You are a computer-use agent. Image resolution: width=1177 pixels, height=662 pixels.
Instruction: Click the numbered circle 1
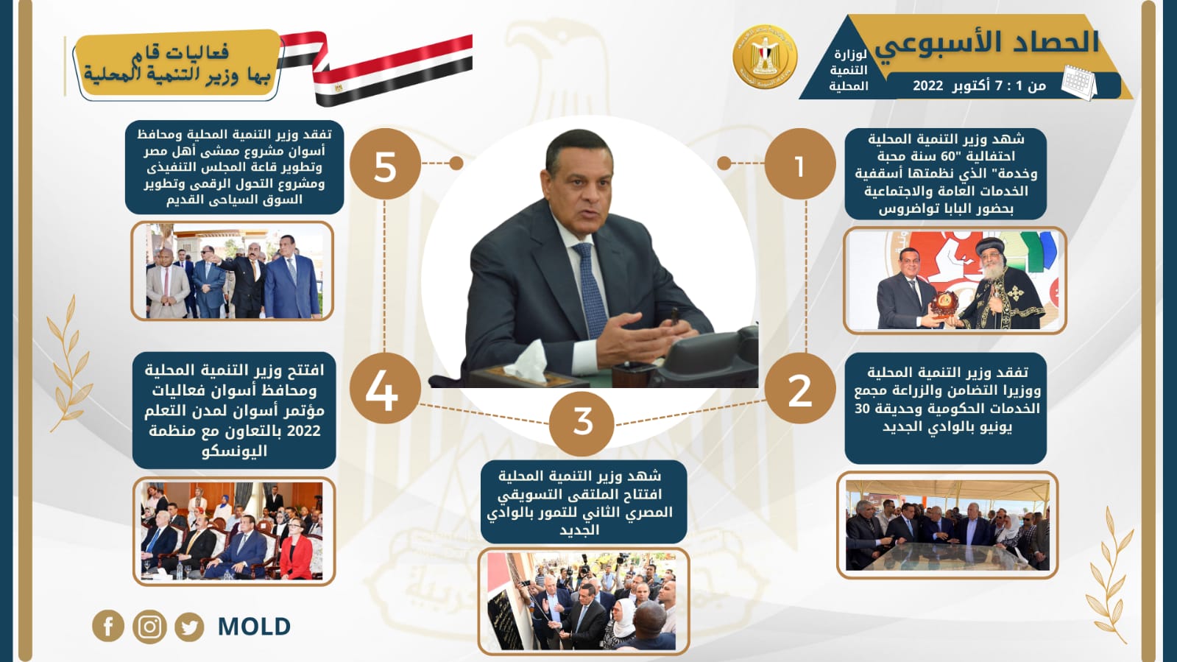799,164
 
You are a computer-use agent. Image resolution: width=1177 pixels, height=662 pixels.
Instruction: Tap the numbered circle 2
799,389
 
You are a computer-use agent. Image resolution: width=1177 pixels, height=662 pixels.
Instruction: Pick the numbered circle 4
385,389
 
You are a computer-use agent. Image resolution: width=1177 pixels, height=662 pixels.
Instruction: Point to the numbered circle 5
385,164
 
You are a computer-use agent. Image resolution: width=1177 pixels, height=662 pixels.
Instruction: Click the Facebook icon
108,626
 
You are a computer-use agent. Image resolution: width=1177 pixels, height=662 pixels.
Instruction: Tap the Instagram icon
149,627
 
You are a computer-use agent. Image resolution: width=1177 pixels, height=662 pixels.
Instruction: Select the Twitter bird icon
189,627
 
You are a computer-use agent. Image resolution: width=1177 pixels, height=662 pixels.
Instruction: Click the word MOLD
254,626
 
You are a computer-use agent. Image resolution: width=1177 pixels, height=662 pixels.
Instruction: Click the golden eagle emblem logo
765,57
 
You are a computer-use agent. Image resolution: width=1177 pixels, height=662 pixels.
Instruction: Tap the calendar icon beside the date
1079,82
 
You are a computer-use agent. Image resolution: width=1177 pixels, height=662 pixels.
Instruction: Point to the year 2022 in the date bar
928,85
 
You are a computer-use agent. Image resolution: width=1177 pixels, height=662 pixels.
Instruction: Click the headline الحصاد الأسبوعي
987,42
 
